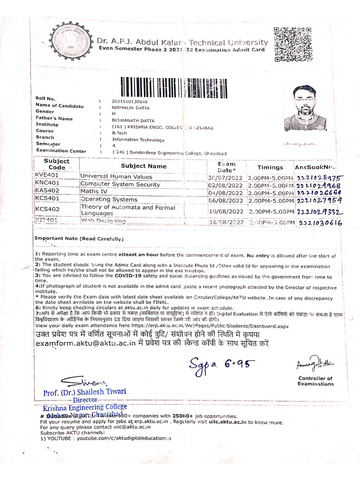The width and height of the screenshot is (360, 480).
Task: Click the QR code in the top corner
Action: point(293,45)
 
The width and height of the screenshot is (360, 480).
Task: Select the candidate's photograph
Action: point(305,108)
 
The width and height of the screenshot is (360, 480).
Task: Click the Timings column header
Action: point(270,167)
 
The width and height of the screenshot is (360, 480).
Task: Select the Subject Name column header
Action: point(143,166)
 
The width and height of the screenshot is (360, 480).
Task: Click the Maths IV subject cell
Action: point(94,192)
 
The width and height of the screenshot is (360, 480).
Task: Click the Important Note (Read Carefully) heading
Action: point(79,239)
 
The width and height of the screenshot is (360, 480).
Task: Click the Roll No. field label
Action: point(45,98)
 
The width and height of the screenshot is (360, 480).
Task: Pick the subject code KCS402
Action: point(48,209)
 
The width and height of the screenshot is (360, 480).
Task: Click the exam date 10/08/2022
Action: point(227,211)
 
